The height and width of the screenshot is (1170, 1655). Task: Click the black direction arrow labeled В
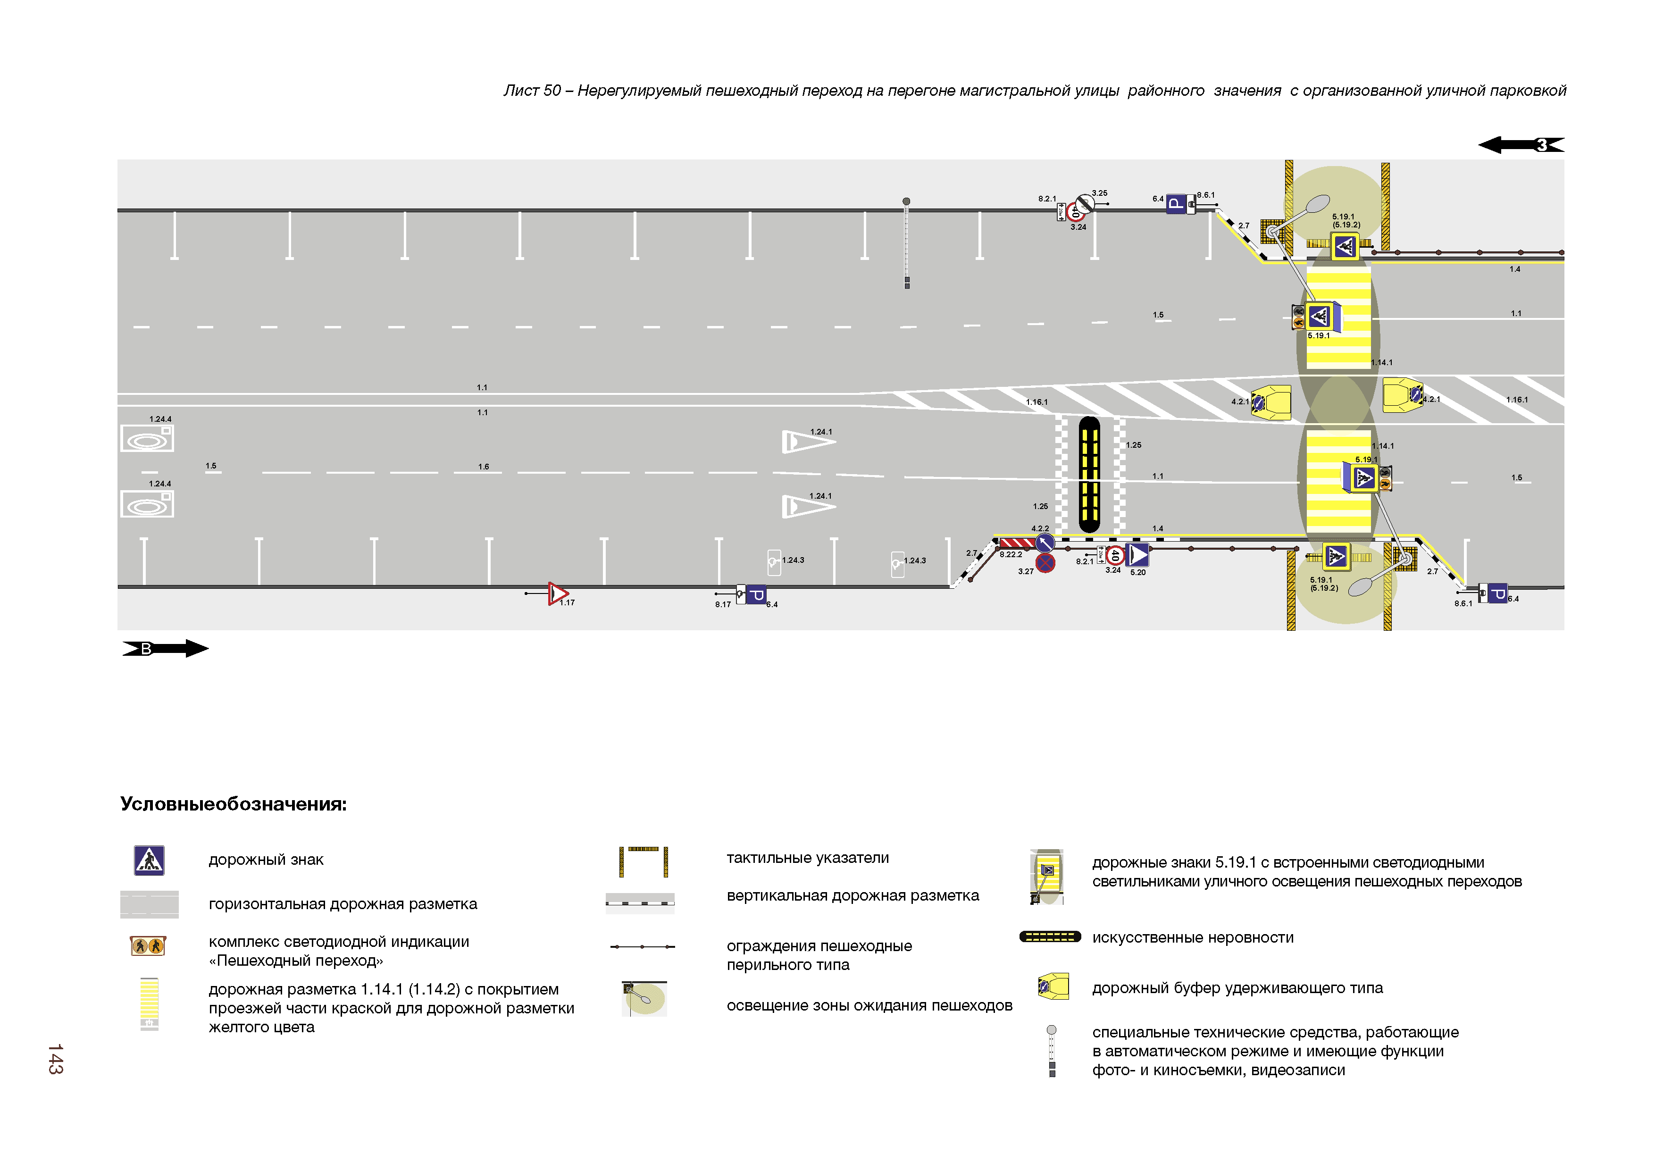(x=165, y=649)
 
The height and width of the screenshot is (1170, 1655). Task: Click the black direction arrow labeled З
(x=1521, y=145)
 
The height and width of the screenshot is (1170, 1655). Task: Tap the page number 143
(x=56, y=1058)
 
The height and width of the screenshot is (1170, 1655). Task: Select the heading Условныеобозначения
(x=233, y=804)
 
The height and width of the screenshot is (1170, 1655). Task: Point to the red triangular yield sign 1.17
(x=557, y=593)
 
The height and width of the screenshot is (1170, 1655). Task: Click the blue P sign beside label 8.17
(x=755, y=595)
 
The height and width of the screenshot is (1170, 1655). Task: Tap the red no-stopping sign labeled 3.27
(x=1045, y=563)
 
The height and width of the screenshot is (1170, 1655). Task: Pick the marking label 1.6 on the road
(x=484, y=467)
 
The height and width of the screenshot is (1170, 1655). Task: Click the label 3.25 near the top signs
(x=1099, y=193)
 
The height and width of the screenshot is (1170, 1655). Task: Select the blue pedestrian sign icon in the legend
(x=149, y=860)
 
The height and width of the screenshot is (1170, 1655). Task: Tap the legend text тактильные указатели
(x=807, y=858)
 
